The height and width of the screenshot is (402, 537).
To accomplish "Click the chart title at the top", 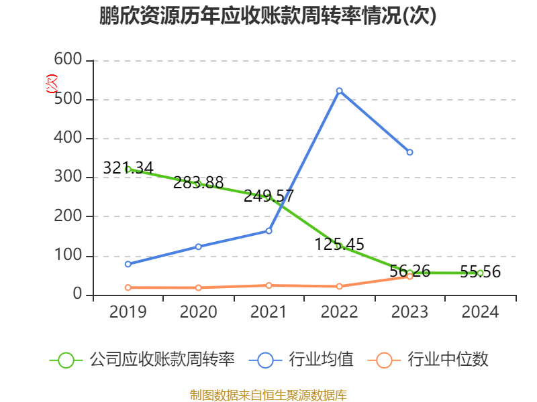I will [x=268, y=16].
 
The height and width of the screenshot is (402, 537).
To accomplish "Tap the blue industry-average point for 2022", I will [x=339, y=90].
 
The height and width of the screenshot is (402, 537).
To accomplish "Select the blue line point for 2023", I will [x=409, y=152].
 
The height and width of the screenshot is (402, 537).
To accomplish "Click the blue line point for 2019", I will [x=128, y=264].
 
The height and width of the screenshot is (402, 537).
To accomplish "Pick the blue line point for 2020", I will [x=198, y=247].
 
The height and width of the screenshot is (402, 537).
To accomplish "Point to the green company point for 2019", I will [x=128, y=170].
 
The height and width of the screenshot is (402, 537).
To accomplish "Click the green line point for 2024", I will [x=480, y=273].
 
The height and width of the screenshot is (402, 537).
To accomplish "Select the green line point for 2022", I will [x=339, y=246].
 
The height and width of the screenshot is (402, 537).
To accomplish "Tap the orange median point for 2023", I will [x=409, y=276].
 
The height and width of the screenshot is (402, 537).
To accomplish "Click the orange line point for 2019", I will [x=128, y=287].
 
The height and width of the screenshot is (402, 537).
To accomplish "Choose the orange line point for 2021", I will [x=268, y=285].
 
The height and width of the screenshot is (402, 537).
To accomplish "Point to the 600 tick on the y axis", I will [x=68, y=60].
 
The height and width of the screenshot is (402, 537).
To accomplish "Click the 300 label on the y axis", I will [x=68, y=178].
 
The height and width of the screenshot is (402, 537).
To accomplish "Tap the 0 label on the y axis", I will [x=78, y=295].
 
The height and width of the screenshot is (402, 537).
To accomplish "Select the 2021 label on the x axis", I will [x=268, y=312].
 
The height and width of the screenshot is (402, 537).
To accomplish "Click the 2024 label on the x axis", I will [x=480, y=312].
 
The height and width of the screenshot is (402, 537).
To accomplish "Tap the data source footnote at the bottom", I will [x=268, y=395].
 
